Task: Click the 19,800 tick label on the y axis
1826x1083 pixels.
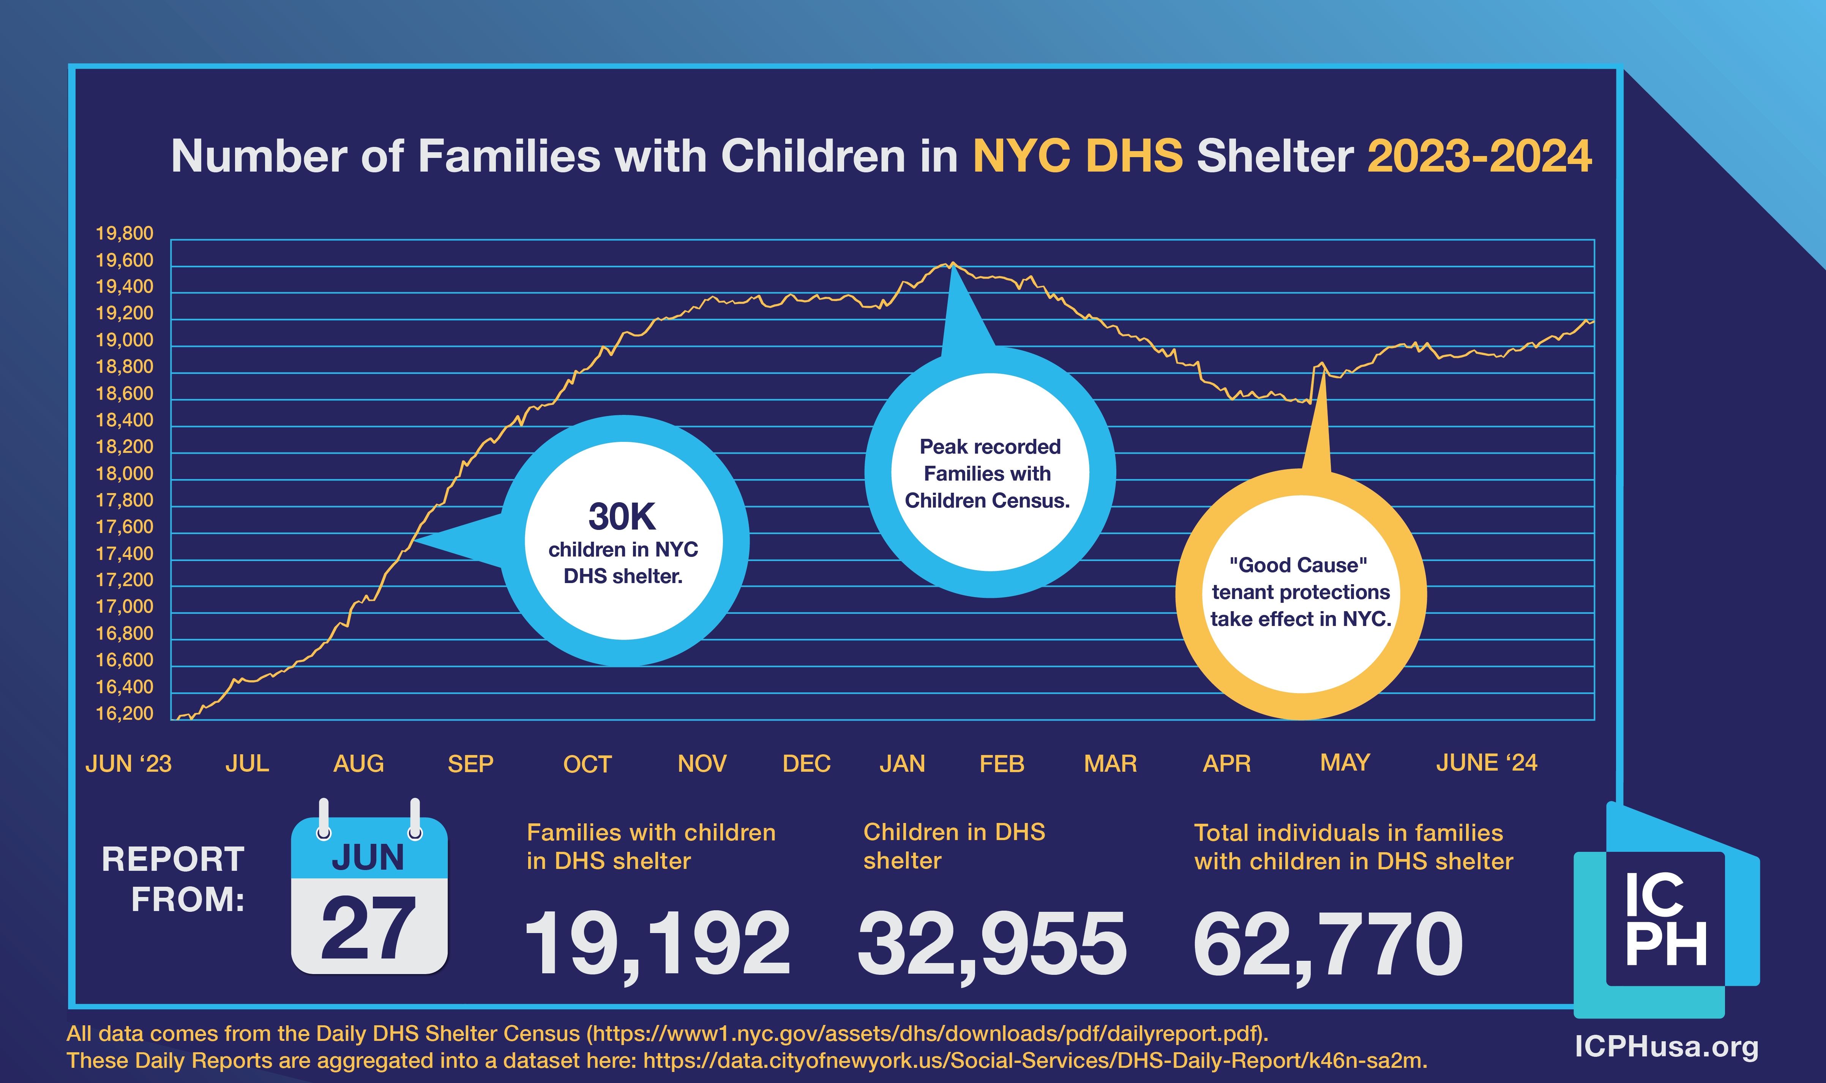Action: pyautogui.click(x=125, y=233)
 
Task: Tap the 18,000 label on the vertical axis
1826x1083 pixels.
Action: pyautogui.click(x=125, y=474)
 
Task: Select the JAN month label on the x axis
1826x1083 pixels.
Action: pyautogui.click(x=902, y=763)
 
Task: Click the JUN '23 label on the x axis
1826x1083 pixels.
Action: pyautogui.click(x=128, y=763)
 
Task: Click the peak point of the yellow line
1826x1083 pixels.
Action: pyautogui.click(x=952, y=263)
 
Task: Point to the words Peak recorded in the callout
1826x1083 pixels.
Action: pyautogui.click(x=990, y=447)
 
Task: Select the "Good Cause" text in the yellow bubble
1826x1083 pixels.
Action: pyautogui.click(x=1298, y=565)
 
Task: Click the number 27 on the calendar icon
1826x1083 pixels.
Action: pyautogui.click(x=369, y=928)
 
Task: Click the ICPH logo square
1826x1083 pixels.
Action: pyautogui.click(x=1665, y=919)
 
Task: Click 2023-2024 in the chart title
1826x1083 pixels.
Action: pyautogui.click(x=1479, y=156)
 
